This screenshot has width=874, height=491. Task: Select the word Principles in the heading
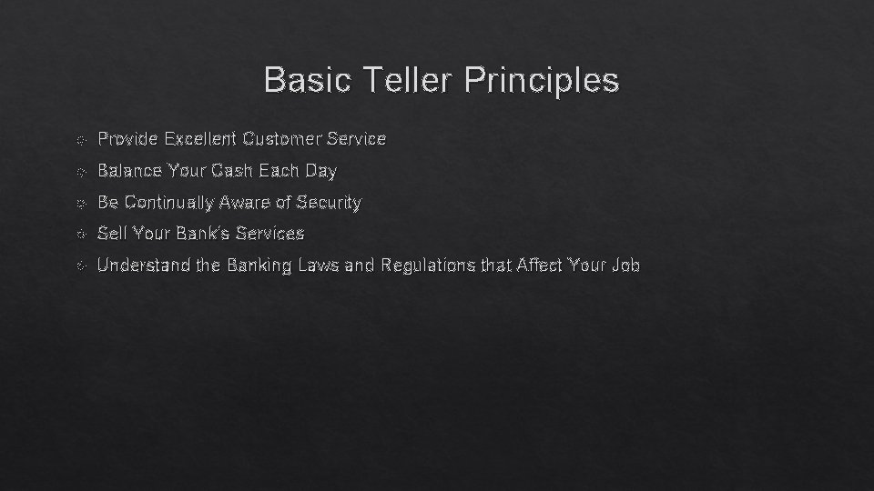[541, 80]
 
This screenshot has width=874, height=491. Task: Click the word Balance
[130, 170]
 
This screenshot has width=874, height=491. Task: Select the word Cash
[232, 170]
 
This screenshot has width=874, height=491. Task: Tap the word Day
[321, 171]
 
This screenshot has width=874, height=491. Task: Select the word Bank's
[200, 234]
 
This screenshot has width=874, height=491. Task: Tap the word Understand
[137, 266]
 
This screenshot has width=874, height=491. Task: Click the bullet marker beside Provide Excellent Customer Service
[81, 140]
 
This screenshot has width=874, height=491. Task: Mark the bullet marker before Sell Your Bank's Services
[81, 235]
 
